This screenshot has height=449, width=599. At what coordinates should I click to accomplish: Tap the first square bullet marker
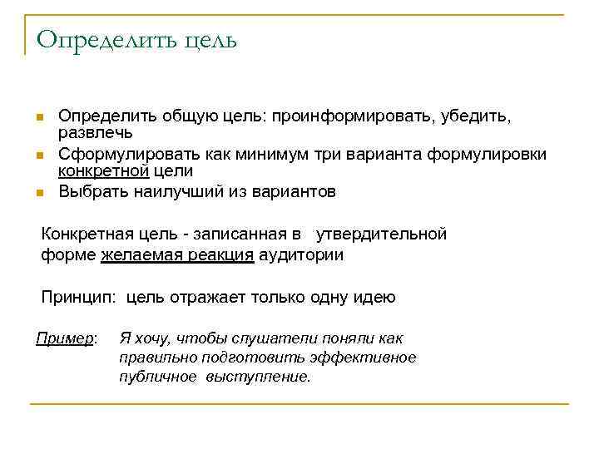[39, 117]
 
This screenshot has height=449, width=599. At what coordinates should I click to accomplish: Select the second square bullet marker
[39, 155]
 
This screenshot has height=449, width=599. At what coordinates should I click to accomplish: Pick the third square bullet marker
[39, 193]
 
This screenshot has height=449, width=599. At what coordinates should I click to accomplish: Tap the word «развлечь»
[96, 133]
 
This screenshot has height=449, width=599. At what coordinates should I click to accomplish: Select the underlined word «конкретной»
[103, 171]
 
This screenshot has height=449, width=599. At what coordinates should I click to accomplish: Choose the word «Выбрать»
[92, 192]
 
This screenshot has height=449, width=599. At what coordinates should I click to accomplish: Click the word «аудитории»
[300, 255]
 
